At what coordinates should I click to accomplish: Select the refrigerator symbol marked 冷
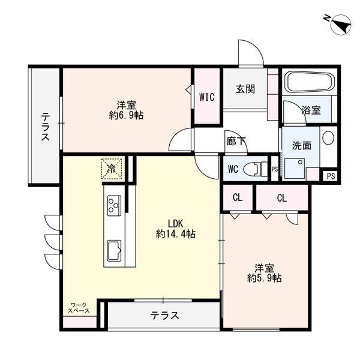coord(111,168)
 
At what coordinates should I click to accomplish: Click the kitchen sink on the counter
coord(114,247)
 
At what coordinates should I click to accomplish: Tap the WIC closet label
coord(207,96)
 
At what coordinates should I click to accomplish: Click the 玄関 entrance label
coord(245,89)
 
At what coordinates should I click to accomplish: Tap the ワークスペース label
coord(79,308)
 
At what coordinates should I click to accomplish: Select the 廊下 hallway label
coord(236,142)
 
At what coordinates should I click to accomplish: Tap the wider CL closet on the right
coord(282,197)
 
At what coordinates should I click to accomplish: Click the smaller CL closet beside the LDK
coord(238,197)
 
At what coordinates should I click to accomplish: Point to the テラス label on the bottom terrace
coord(164,315)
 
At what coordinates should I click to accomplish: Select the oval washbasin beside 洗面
coord(328,138)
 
